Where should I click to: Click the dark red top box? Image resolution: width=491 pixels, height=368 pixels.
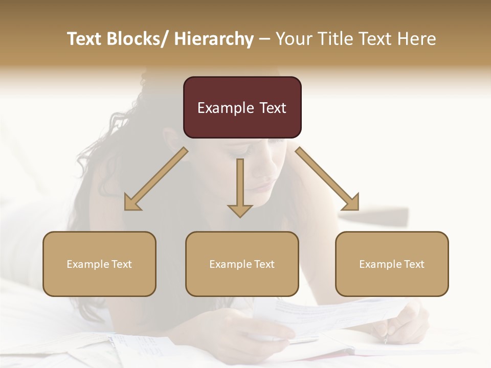(x=242, y=107)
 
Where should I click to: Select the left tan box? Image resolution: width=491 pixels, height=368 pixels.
(x=99, y=264)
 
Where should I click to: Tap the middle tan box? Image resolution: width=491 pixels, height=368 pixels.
(x=242, y=264)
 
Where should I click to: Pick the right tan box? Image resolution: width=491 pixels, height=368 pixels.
(x=392, y=264)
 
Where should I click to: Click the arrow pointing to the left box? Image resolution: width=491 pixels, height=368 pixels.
(x=156, y=179)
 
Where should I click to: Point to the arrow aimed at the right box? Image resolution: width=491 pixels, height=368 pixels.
(x=327, y=179)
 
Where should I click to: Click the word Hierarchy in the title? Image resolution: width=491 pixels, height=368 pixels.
(x=213, y=39)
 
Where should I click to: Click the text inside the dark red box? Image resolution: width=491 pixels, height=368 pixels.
(x=242, y=108)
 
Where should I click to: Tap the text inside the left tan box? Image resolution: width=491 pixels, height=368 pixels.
(x=99, y=264)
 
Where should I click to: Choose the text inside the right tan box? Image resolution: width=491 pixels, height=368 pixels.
(x=392, y=264)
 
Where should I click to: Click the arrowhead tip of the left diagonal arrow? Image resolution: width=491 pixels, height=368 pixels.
(x=126, y=209)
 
